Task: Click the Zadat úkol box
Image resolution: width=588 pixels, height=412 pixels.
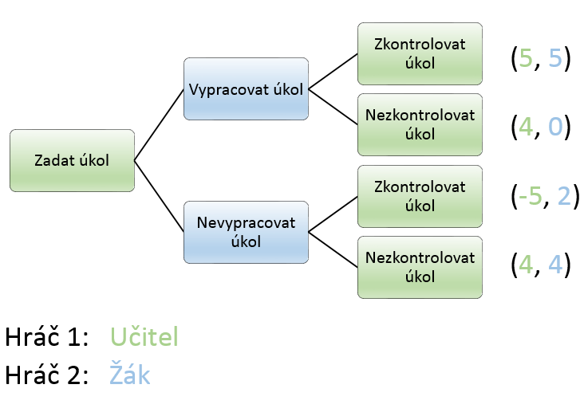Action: tap(72, 161)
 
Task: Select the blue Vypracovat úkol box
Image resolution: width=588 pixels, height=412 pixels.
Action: tap(246, 89)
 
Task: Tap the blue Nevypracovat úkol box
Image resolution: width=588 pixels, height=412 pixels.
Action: tap(246, 232)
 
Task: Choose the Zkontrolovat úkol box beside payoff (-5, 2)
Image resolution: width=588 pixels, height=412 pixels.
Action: tap(420, 196)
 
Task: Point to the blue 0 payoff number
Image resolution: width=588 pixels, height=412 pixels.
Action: tap(555, 126)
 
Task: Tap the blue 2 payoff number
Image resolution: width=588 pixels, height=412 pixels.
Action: tap(564, 195)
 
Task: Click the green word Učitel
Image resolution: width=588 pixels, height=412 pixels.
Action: tap(144, 336)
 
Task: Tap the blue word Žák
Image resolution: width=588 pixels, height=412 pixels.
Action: tap(130, 373)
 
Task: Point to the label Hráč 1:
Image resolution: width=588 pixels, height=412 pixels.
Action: tap(46, 335)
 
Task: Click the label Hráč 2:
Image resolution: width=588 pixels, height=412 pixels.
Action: tap(46, 374)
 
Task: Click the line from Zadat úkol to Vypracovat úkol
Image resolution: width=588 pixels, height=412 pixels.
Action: tap(159, 125)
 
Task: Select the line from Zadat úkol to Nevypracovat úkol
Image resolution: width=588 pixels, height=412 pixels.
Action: tap(159, 196)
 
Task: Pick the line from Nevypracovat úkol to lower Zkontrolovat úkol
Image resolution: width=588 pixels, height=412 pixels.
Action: tap(333, 214)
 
